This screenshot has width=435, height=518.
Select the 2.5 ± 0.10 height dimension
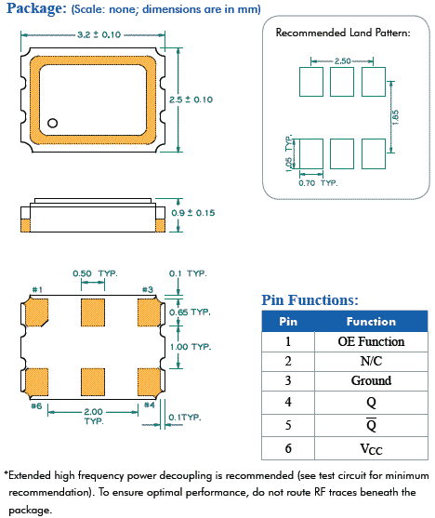(191, 98)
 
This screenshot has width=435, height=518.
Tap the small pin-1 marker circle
(53, 122)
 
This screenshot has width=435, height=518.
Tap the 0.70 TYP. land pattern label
(316, 182)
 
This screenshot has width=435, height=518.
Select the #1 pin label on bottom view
(37, 290)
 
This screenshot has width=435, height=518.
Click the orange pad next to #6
(37, 381)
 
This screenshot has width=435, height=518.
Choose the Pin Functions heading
(310, 299)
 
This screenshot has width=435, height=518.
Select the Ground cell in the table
(371, 380)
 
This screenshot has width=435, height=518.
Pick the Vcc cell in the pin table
(371, 449)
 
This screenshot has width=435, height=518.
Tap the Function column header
(371, 321)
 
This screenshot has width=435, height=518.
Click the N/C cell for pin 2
(371, 361)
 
